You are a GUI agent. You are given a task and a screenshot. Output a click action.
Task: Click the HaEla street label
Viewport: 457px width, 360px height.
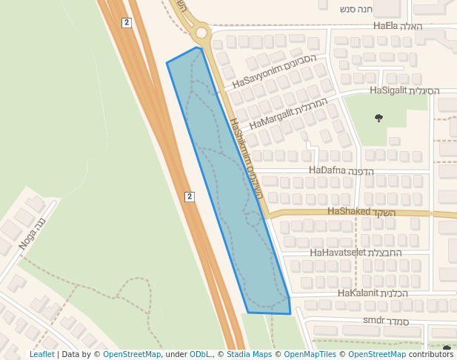pyautogui.click(x=398, y=26)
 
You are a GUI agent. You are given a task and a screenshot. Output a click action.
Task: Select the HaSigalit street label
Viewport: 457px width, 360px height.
pyautogui.click(x=404, y=90)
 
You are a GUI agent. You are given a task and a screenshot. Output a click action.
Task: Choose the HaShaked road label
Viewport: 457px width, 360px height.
pyautogui.click(x=361, y=212)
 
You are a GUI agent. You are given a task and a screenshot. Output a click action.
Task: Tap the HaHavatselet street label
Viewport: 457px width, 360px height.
pyautogui.click(x=356, y=253)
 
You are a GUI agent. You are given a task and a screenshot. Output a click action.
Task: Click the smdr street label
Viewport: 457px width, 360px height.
pyautogui.click(x=386, y=321)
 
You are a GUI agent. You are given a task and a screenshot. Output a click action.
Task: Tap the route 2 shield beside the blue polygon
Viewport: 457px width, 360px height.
pyautogui.click(x=190, y=196)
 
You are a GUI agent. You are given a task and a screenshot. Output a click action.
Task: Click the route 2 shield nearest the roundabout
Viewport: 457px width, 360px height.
pyautogui.click(x=127, y=23)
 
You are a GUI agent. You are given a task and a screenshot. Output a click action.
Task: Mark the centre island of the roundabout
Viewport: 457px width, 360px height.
pyautogui.click(x=201, y=33)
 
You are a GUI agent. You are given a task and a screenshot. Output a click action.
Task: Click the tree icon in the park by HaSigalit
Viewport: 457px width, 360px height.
pyautogui.click(x=379, y=118)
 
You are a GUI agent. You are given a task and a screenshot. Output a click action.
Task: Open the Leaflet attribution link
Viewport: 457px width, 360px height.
pyautogui.click(x=42, y=354)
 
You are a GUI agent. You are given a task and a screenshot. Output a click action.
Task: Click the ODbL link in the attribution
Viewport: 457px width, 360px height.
pyautogui.click(x=200, y=354)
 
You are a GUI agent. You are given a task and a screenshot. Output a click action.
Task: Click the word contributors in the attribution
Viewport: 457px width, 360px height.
pyautogui.click(x=431, y=354)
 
